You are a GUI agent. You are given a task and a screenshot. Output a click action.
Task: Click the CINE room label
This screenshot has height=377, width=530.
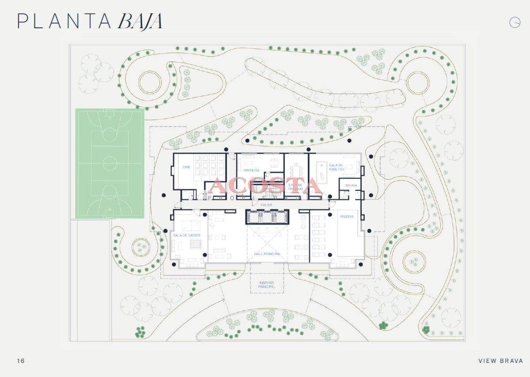coord(186,167)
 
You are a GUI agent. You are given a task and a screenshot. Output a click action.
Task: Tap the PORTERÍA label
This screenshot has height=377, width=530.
coord(251,170)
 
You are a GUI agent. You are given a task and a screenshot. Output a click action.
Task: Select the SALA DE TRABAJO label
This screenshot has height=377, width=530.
coord(295,187)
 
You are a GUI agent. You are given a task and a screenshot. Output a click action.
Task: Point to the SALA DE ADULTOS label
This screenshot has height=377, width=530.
coord(336,167)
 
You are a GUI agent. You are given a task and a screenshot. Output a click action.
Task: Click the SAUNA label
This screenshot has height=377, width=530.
coord(351,185)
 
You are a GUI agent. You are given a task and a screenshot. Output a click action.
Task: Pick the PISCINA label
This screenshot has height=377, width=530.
coord(347,216)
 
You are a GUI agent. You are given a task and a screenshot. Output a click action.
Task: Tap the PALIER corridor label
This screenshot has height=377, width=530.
coord(266,205)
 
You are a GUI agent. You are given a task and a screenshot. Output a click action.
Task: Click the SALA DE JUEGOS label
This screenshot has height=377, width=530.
coord(187,235)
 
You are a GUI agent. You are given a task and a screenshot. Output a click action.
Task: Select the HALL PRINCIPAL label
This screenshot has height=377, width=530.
coord(267,254)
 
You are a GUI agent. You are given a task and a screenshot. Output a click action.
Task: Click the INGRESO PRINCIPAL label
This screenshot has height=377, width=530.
coord(266,284)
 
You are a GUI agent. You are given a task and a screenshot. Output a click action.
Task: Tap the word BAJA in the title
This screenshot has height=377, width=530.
coord(140,21)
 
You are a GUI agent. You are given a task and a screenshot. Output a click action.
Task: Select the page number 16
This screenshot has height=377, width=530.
coord(21,361)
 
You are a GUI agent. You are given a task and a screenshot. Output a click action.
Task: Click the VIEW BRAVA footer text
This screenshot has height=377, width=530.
coord(500,361)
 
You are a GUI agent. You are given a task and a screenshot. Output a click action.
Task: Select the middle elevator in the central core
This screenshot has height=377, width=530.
coord(266,217)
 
